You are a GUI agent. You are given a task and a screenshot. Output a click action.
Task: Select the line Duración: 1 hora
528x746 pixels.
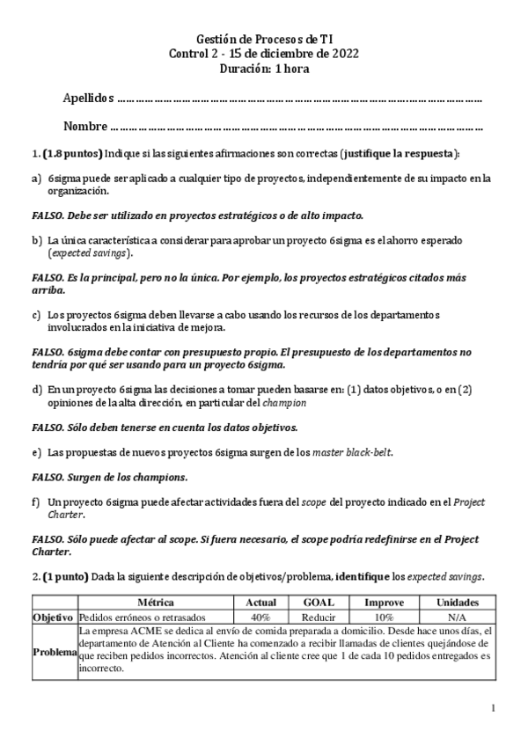point(263,68)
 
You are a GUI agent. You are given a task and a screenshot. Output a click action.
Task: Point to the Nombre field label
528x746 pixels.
point(85,125)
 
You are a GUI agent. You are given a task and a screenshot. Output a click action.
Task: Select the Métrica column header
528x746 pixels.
point(156,603)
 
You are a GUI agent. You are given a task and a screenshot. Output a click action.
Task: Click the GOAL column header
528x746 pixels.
point(318,603)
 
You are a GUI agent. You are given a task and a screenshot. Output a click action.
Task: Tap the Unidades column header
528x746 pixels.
point(457,603)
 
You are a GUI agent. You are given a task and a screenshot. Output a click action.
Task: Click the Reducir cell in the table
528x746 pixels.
point(318,617)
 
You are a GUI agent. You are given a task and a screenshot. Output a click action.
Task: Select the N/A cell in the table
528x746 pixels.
point(457,617)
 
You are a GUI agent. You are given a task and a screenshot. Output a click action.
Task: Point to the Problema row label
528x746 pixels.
point(55,651)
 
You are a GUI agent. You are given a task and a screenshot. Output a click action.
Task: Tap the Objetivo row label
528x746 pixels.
point(55,617)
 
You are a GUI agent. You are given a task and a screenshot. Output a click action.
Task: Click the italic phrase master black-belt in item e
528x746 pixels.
point(356,452)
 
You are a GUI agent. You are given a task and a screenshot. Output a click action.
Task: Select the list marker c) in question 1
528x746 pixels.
point(36,314)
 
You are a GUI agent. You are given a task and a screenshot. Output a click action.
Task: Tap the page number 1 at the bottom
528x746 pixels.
point(493,708)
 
